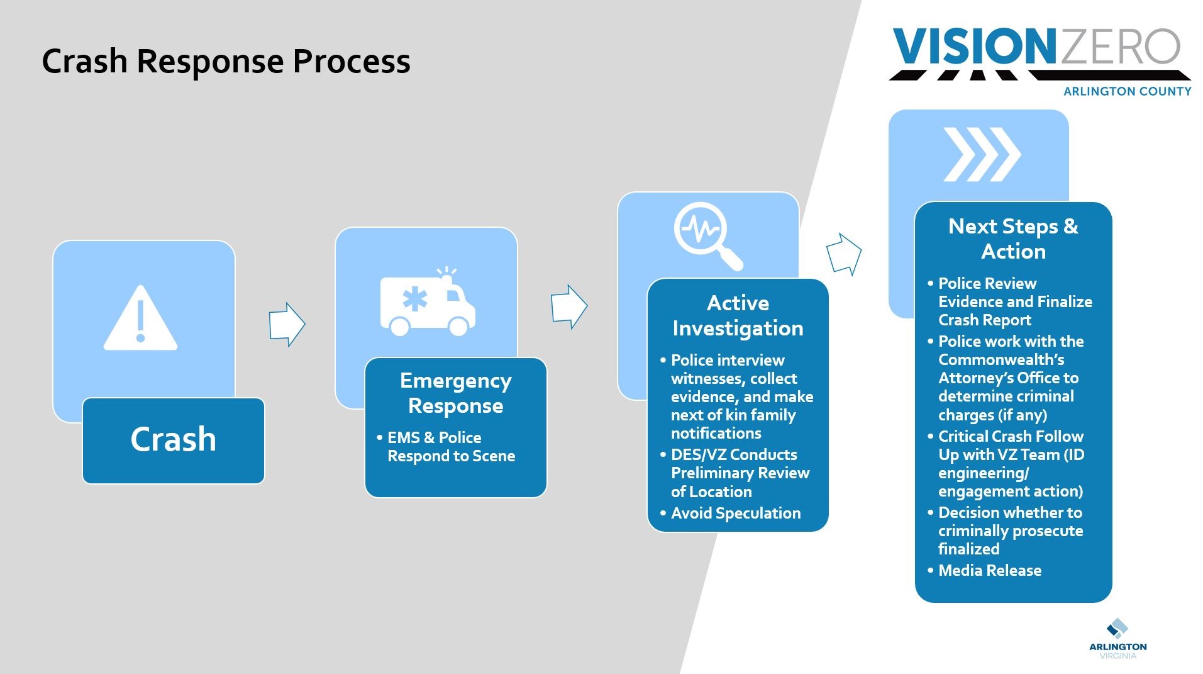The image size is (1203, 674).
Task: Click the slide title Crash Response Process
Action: pyautogui.click(x=226, y=61)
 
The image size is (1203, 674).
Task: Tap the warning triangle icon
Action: pyautogui.click(x=140, y=318)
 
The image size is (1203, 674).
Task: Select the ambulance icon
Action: pyautogui.click(x=428, y=303)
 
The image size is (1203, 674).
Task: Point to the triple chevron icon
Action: pyautogui.click(x=981, y=154)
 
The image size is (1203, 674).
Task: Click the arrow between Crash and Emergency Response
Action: pyautogui.click(x=287, y=324)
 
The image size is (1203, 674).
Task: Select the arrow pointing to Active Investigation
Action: pyautogui.click(x=568, y=306)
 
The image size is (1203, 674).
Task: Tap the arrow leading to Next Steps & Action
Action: pyautogui.click(x=843, y=254)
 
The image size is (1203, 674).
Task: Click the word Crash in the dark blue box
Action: pyautogui.click(x=173, y=439)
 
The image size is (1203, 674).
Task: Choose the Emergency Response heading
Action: pyautogui.click(x=455, y=393)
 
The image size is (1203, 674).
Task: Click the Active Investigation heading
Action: pyautogui.click(x=738, y=315)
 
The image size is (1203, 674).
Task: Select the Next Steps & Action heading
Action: pyautogui.click(x=1013, y=239)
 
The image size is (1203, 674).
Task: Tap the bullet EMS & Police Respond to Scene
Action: pyautogui.click(x=450, y=447)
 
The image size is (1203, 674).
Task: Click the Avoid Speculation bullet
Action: pyautogui.click(x=735, y=513)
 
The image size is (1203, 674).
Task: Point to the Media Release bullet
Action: pyautogui.click(x=989, y=570)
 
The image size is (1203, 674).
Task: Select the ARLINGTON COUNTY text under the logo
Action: pyautogui.click(x=1127, y=91)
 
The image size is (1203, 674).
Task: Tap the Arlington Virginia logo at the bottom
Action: pyautogui.click(x=1117, y=639)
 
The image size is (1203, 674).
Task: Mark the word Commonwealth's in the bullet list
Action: pyautogui.click(x=1001, y=359)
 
